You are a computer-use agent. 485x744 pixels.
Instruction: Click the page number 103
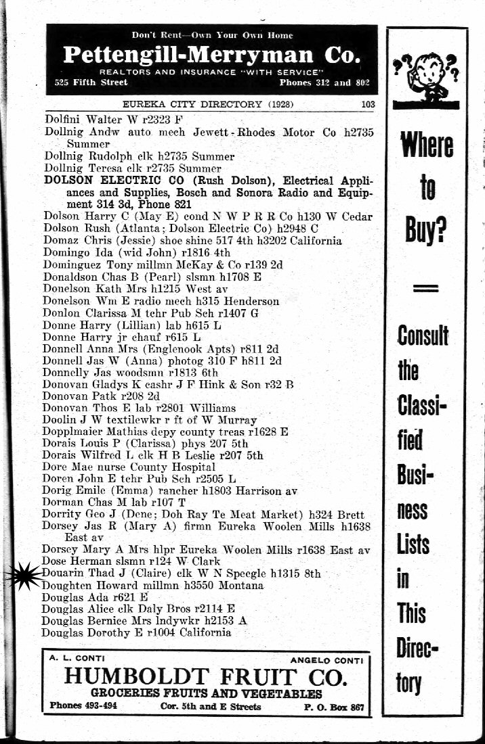click(368, 104)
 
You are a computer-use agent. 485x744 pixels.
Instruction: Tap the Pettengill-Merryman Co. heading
click(211, 55)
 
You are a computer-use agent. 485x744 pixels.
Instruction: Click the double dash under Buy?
click(425, 288)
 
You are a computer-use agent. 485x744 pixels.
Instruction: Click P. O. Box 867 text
click(334, 707)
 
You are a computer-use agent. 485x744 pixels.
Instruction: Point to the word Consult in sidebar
click(423, 335)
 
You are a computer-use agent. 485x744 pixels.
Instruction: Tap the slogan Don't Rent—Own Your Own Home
click(213, 35)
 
